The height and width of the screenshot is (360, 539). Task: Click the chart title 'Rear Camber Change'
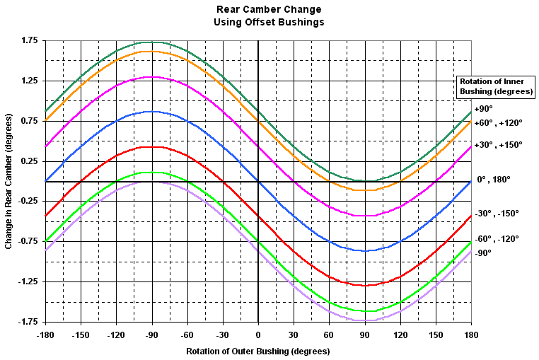point(269,10)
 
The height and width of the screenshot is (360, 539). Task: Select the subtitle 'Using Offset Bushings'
point(269,22)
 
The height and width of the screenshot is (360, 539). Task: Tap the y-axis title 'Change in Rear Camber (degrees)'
point(8,181)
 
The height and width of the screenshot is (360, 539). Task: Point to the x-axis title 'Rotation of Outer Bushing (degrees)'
point(258,351)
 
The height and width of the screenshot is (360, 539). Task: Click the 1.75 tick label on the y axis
point(29,41)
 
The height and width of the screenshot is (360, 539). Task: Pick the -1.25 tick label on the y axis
point(27,282)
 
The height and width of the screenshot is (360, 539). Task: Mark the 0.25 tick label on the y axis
point(29,162)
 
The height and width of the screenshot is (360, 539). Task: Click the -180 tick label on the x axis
point(45,335)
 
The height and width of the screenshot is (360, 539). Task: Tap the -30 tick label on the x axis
point(223,335)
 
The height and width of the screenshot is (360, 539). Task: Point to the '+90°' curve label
point(483,109)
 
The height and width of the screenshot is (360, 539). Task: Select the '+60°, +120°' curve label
point(499,123)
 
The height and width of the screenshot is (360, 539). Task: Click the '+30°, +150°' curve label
point(499,145)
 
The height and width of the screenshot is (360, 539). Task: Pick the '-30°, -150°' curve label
point(497,213)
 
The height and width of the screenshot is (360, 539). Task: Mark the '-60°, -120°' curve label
point(497,239)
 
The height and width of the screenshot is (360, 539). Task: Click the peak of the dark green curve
point(151,42)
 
